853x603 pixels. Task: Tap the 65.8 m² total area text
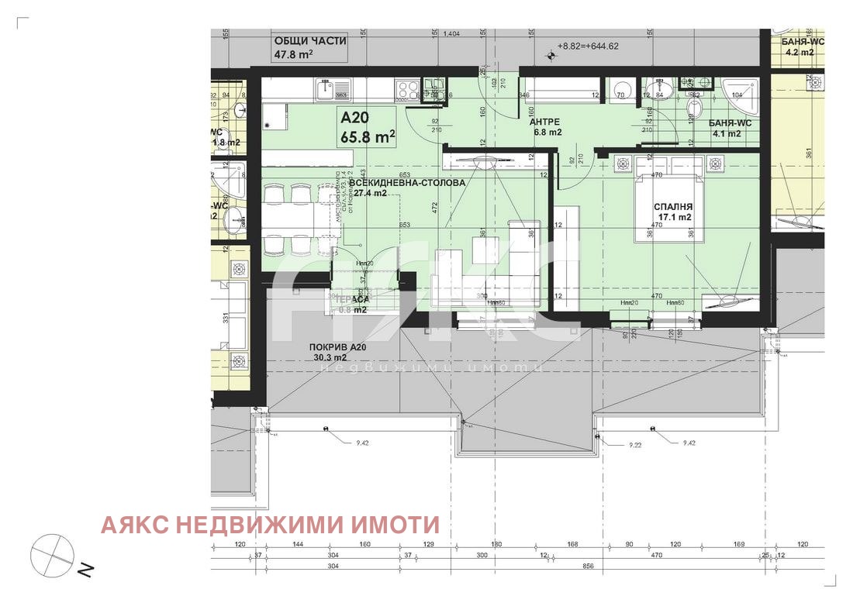click(x=368, y=138)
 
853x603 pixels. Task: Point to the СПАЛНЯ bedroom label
click(x=672, y=206)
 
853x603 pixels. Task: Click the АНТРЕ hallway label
click(x=544, y=122)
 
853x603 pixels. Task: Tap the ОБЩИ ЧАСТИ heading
click(x=309, y=42)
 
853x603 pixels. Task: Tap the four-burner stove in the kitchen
click(x=407, y=90)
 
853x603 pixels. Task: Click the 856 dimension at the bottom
click(x=588, y=567)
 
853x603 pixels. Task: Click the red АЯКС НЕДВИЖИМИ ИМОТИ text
click(x=270, y=525)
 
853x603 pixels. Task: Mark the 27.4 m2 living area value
click(x=370, y=193)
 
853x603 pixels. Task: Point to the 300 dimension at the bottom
click(x=482, y=556)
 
